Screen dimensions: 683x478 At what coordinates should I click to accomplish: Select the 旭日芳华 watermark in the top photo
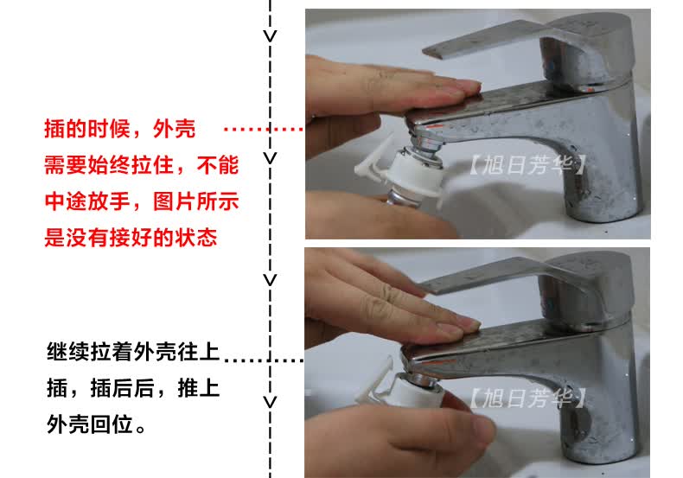pyautogui.click(x=527, y=164)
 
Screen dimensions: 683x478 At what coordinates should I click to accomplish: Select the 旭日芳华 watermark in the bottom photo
pyautogui.click(x=527, y=398)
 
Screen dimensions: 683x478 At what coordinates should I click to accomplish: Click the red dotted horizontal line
pyautogui.click(x=263, y=129)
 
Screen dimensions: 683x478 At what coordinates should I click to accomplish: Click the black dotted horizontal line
pyautogui.click(x=263, y=360)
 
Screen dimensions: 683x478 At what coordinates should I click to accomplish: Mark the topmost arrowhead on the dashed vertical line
pyautogui.click(x=270, y=35)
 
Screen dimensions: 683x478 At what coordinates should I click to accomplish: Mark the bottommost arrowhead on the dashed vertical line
pyautogui.click(x=270, y=401)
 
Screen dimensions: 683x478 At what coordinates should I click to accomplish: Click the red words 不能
pyautogui.click(x=218, y=165)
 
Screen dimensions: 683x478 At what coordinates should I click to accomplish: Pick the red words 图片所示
pyautogui.click(x=196, y=201)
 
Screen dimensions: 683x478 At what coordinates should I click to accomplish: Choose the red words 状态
pyautogui.click(x=196, y=238)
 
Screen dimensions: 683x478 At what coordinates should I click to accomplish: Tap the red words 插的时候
pyautogui.click(x=87, y=129)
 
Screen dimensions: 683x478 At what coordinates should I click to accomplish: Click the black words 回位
pyautogui.click(x=112, y=424)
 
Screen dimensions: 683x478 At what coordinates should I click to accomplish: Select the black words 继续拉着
pyautogui.click(x=90, y=352)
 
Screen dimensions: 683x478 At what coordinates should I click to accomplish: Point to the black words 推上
pyautogui.click(x=199, y=388)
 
